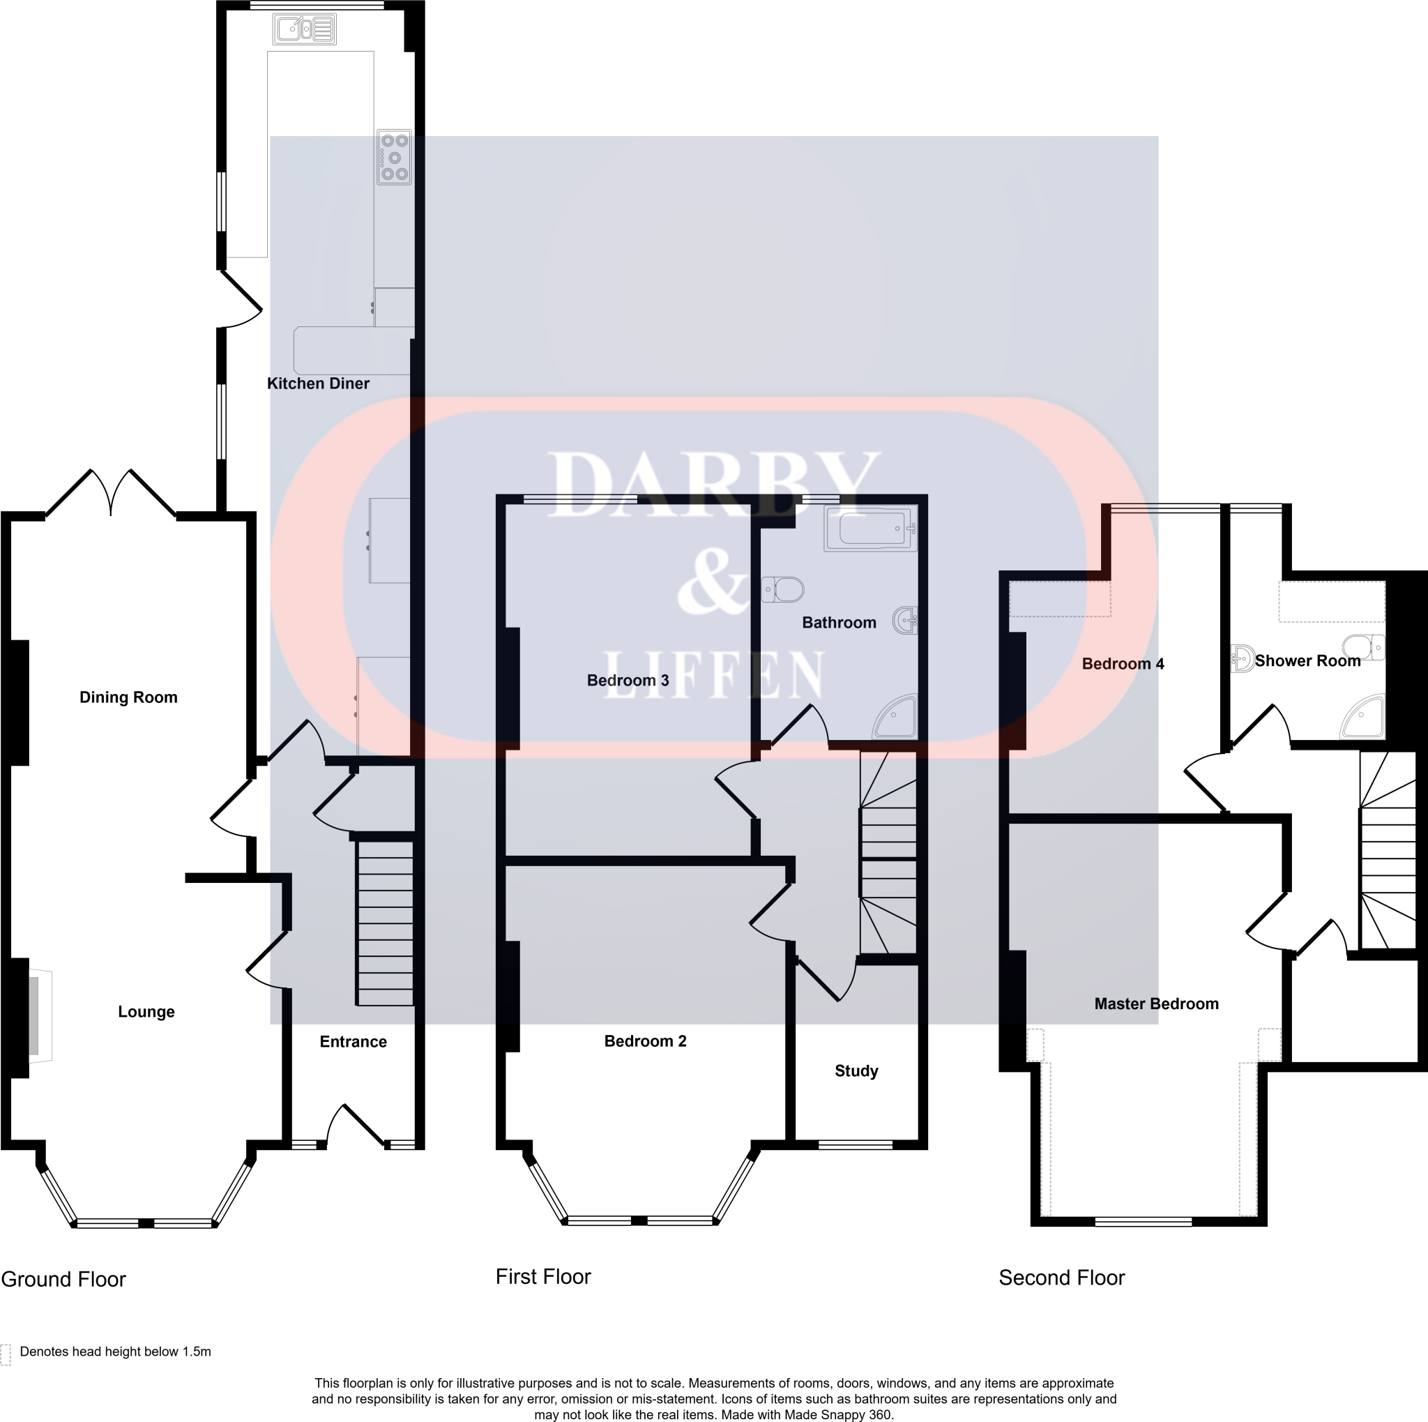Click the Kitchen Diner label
(318, 384)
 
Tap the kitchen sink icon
(305, 29)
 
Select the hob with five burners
(394, 157)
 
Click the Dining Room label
(128, 697)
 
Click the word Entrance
(354, 1041)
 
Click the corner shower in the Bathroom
(897, 717)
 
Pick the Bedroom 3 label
(628, 680)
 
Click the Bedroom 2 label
(645, 1041)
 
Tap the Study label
(856, 1071)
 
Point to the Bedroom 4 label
(1123, 664)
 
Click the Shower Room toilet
(1365, 646)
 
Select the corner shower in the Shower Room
(1363, 716)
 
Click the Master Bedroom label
(1156, 1004)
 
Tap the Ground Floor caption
(63, 1279)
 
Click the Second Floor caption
(1061, 1278)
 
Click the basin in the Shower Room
(1242, 657)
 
